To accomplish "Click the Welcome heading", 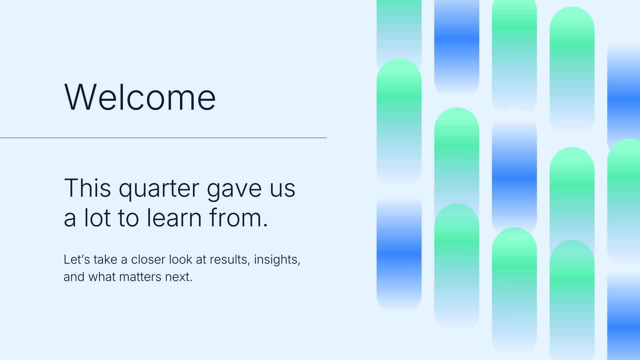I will point(140,97).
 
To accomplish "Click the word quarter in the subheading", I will point(159,189).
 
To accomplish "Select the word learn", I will point(174,218).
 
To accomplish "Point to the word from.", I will point(238,218).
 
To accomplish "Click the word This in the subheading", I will point(87,188).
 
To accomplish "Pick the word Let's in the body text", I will point(76,259).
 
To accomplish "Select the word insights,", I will point(277,259).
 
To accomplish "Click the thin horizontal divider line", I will point(163,138).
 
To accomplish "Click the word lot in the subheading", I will point(97,218).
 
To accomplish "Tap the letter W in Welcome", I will point(79,97).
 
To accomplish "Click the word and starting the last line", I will point(74,277).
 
